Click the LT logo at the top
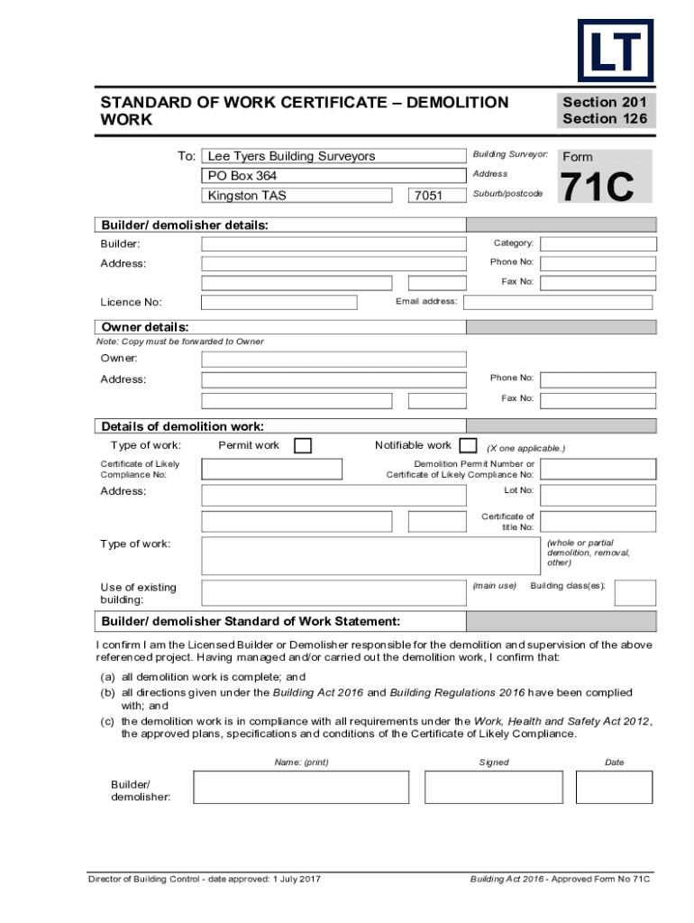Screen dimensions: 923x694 coord(616,50)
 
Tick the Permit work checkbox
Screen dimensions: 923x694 coord(304,446)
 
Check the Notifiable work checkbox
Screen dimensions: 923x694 coord(468,445)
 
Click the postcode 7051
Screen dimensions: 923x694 coord(426,196)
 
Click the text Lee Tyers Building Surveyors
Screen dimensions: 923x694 coord(291,156)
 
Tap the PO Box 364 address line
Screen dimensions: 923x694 coord(242,176)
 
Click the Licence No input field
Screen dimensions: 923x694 coord(279,302)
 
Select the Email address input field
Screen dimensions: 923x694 coord(557,302)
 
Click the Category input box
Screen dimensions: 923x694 coord(596,243)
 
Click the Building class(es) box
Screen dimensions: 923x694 coord(635,592)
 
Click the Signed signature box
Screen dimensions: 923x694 coord(493,787)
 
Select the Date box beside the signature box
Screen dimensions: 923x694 coord(614,787)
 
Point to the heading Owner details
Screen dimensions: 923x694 coord(145,327)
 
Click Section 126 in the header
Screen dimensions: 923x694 coord(605,118)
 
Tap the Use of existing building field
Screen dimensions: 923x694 coord(333,592)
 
